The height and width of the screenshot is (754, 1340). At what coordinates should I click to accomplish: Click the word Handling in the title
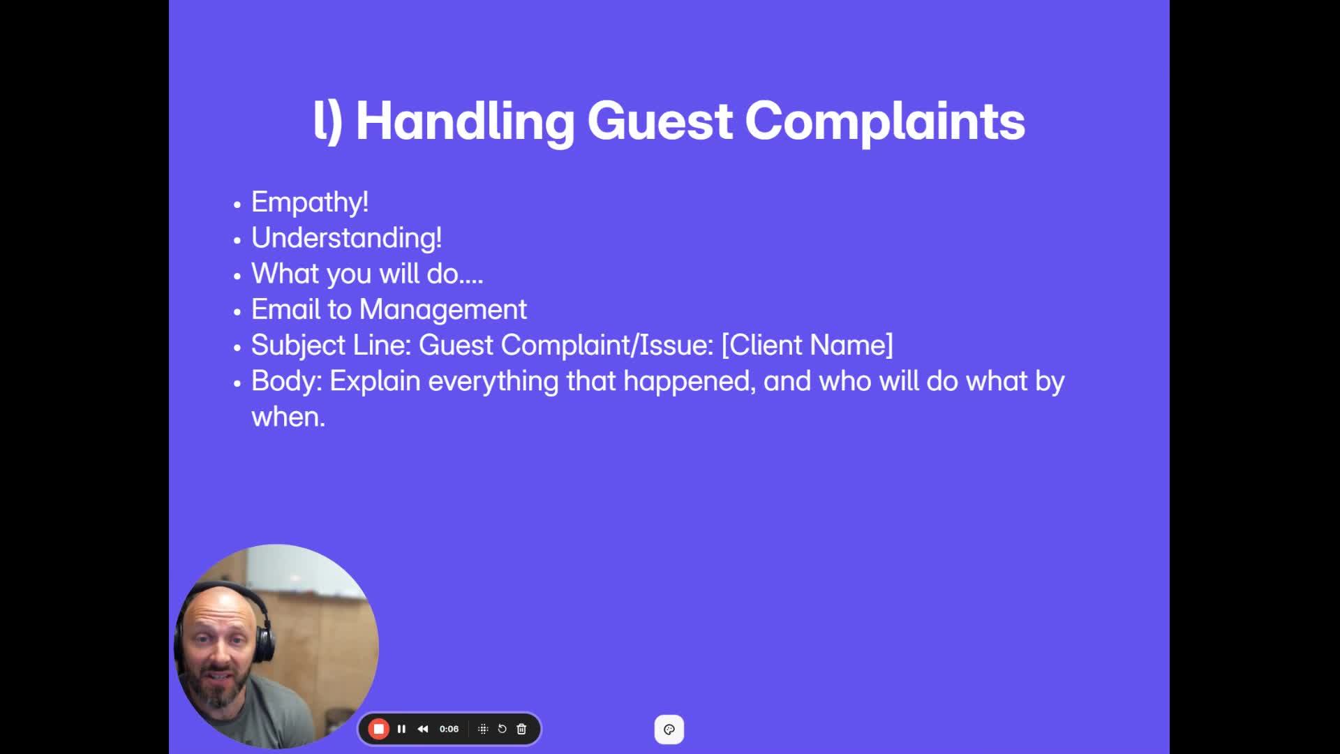point(465,121)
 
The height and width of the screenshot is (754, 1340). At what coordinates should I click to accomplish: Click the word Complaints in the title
point(885,121)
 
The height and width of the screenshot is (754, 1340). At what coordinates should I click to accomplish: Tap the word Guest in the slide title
point(660,121)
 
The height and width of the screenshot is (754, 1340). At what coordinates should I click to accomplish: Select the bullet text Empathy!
point(310,202)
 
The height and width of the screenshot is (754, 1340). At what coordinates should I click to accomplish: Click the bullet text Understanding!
point(346,238)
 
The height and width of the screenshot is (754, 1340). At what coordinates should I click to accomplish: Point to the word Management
point(443,309)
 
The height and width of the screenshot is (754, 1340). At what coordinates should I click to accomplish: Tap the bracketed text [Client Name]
point(807,345)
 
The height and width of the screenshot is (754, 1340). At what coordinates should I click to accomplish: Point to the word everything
point(493,381)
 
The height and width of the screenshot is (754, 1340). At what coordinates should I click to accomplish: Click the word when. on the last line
point(288,417)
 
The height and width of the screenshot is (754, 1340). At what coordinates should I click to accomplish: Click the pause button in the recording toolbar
point(401,729)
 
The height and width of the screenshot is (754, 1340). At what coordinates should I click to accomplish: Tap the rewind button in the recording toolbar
point(423,729)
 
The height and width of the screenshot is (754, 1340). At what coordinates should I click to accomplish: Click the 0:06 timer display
point(449,729)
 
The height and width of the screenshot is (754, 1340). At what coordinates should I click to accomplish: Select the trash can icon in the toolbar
point(521,729)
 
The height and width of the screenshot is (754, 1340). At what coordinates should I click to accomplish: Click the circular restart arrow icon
point(502,729)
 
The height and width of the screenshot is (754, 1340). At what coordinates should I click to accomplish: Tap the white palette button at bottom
point(669,730)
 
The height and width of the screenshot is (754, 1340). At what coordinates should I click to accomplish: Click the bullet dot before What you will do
point(237,275)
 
